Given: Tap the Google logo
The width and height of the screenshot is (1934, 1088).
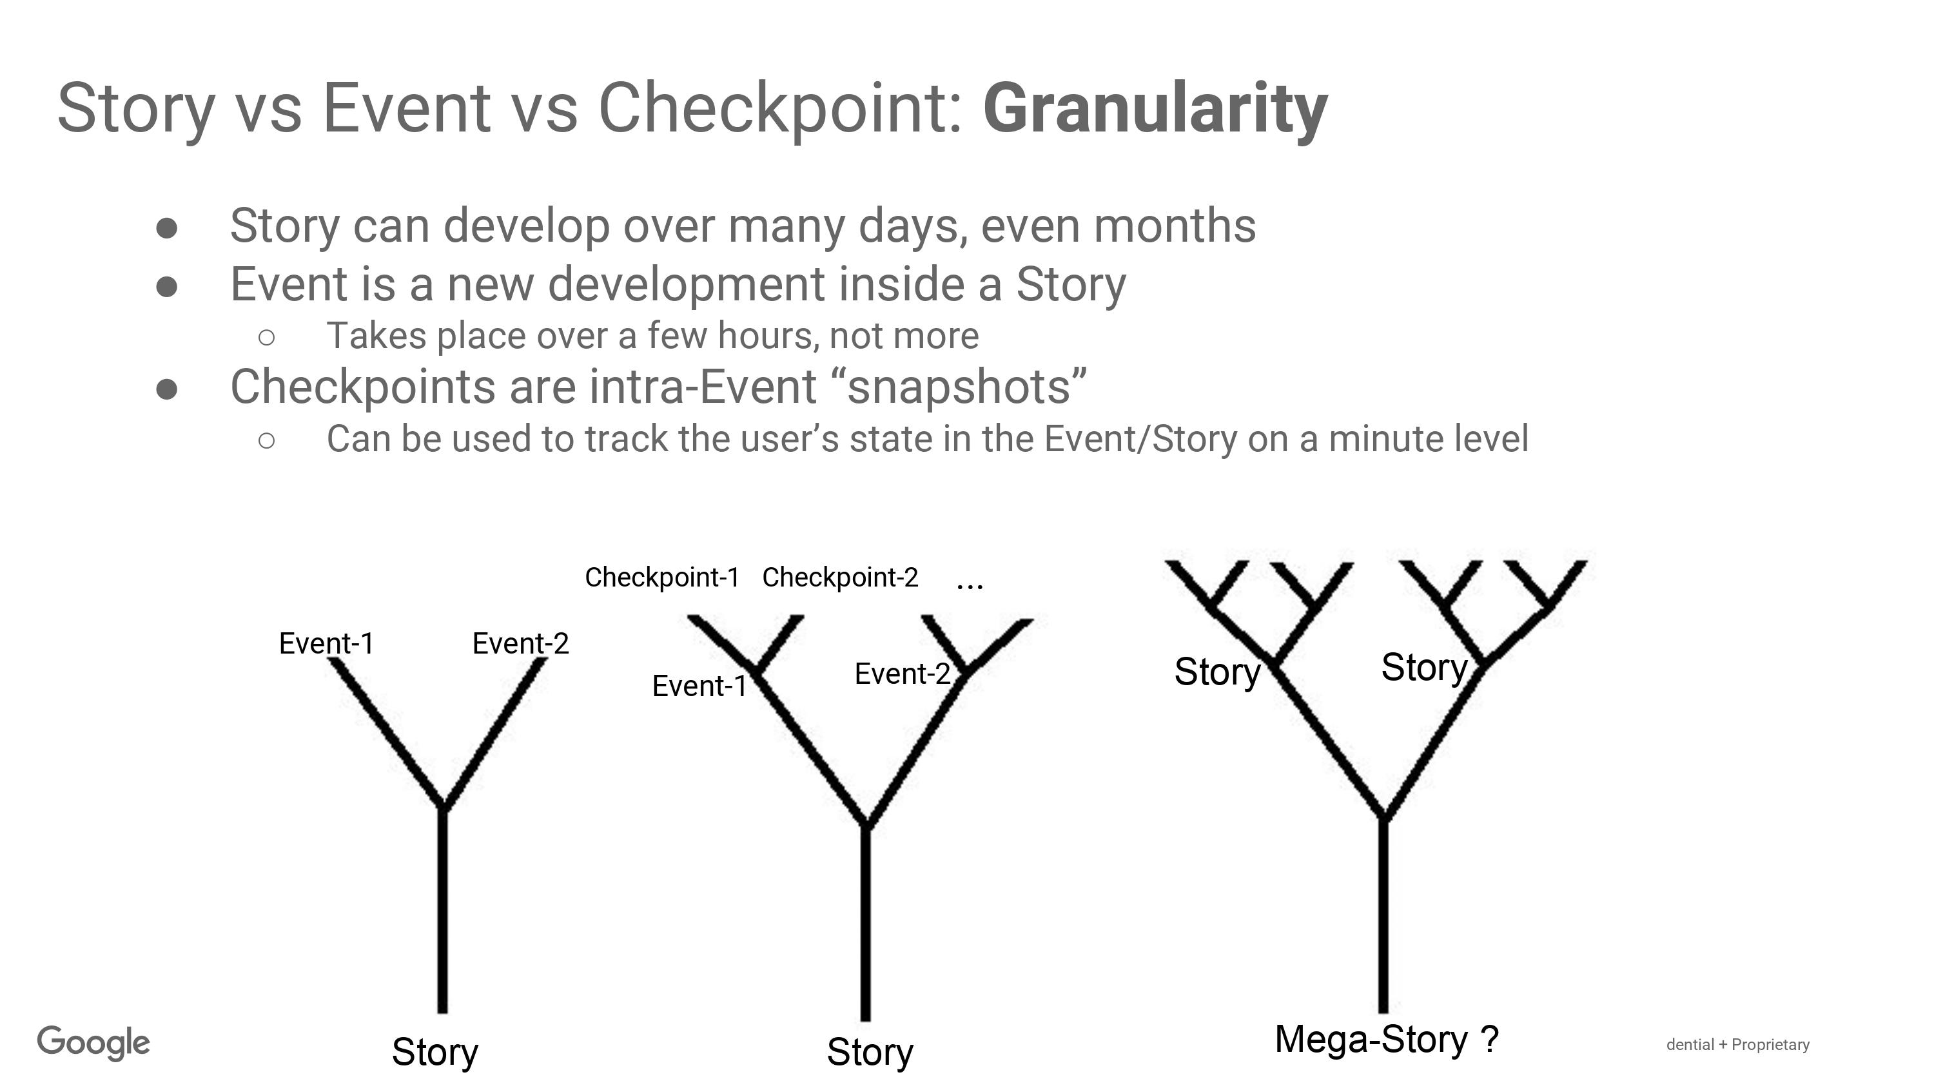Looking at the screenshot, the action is point(94,1044).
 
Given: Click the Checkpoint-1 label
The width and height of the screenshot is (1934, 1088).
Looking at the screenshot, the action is point(662,578).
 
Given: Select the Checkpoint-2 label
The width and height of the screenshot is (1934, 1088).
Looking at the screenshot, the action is point(840,578).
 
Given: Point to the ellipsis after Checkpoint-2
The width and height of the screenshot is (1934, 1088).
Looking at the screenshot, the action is point(970,586).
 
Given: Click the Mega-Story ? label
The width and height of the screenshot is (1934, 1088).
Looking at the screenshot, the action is point(1387,1040).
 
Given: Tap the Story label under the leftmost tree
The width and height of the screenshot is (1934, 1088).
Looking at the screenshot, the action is point(435,1052).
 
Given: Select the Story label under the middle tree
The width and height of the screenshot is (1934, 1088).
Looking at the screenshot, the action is point(870,1052).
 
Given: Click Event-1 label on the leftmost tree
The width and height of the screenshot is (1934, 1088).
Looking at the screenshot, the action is point(327,643).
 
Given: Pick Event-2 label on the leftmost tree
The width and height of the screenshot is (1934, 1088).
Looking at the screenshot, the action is point(521,643).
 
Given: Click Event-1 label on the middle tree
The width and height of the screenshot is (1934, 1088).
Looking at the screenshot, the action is point(699,686).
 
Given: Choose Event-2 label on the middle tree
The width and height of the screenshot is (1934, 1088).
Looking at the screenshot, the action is point(903,674).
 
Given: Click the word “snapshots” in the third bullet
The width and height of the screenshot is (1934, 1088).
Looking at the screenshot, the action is point(966,387).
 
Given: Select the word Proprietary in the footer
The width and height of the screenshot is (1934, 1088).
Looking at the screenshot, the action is point(1770,1044).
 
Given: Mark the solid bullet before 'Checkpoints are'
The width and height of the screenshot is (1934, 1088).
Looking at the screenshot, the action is point(167,388).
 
